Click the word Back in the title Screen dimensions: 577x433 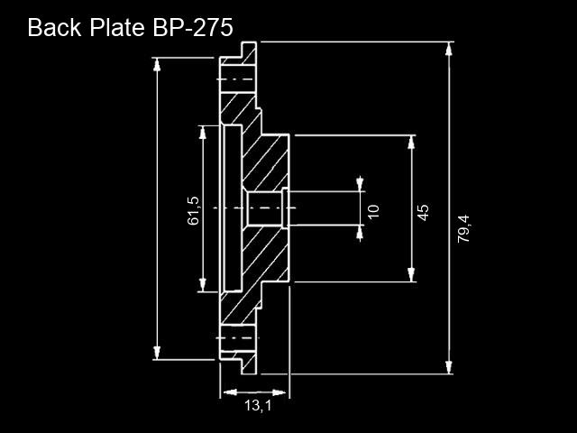54,28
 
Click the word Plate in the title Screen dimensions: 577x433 117,28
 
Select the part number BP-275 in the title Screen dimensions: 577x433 192,28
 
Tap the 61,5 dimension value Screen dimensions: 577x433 193,210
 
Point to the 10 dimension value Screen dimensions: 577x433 373,212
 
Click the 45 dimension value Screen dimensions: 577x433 423,213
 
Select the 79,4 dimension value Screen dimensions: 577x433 463,228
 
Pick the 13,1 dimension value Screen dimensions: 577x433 258,406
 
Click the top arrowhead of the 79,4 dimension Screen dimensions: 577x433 449,49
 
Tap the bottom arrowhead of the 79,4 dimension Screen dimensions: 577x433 449,367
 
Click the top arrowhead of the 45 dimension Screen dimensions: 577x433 411,143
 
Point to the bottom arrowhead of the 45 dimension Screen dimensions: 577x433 411,274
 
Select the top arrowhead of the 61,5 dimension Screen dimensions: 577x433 202,133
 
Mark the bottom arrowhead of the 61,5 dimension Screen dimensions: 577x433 202,285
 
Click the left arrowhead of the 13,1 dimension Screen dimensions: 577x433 230,392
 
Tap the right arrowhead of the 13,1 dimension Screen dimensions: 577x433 279,392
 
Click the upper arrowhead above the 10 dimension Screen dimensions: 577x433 360,184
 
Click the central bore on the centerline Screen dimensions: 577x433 264,208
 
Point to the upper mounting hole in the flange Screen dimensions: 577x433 237,79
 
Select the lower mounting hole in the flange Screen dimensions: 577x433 237,338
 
